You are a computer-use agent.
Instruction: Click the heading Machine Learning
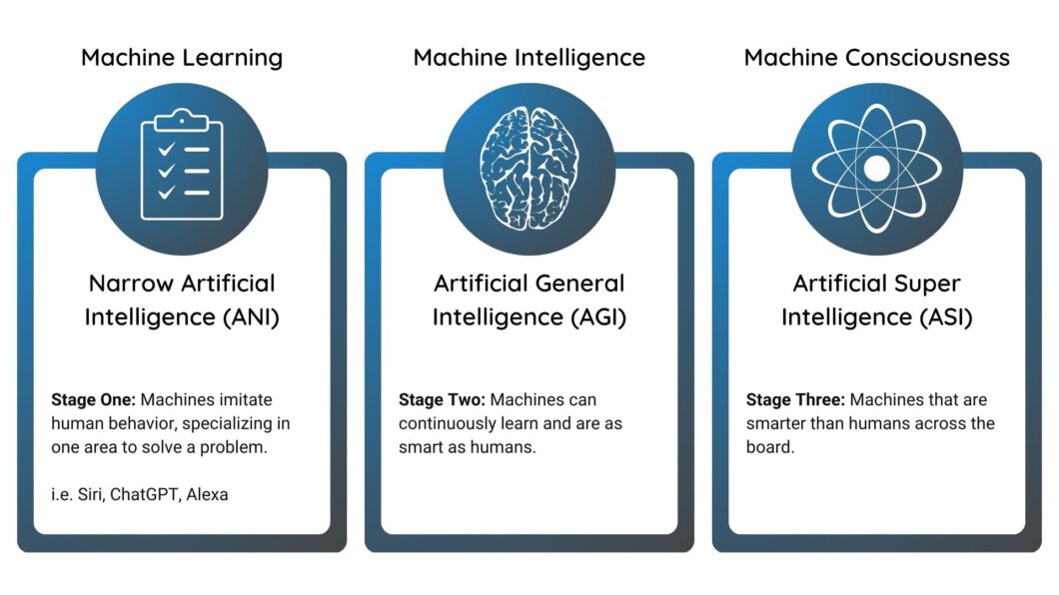(x=182, y=58)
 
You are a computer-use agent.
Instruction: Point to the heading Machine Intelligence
(x=529, y=58)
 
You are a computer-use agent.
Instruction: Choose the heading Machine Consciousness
(x=876, y=58)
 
